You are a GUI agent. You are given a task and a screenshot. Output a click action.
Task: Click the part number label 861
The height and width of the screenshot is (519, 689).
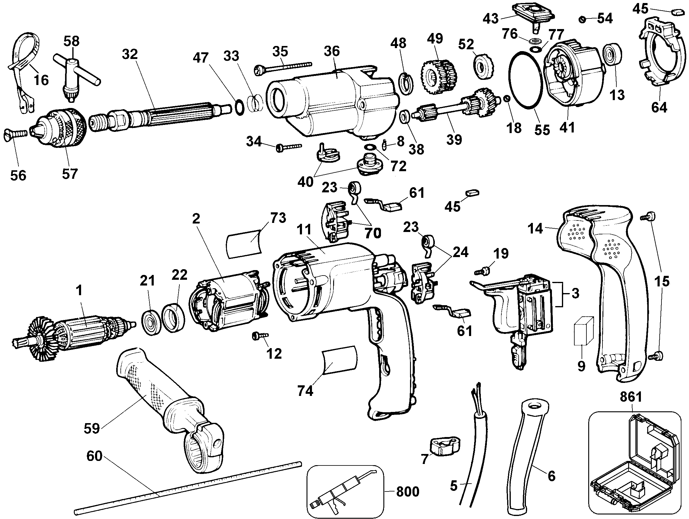tap(631, 397)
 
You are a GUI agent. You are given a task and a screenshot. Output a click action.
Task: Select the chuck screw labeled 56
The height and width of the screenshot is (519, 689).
tap(16, 135)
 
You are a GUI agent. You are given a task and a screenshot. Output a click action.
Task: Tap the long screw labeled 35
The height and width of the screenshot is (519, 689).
tap(284, 68)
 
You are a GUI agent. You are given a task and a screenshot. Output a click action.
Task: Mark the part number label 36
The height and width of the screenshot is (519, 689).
tap(331, 51)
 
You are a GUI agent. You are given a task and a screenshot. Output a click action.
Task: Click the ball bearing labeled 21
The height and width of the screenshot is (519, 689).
tap(151, 322)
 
